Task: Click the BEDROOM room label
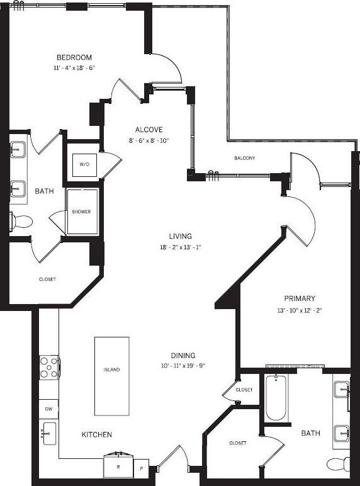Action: (x=74, y=57)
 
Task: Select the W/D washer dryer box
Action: (x=84, y=164)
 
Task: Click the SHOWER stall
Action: (x=82, y=212)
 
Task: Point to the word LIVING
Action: (x=179, y=236)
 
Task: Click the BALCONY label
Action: (x=245, y=159)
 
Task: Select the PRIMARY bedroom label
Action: (x=300, y=298)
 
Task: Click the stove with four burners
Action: (x=49, y=367)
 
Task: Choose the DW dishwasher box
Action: (x=48, y=409)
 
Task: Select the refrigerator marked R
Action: (x=119, y=466)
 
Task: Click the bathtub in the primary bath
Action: (x=276, y=398)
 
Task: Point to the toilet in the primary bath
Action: (x=339, y=465)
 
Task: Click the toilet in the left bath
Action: (x=21, y=222)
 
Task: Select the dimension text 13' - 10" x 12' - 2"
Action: (x=300, y=310)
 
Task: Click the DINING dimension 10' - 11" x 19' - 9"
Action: (x=183, y=366)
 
